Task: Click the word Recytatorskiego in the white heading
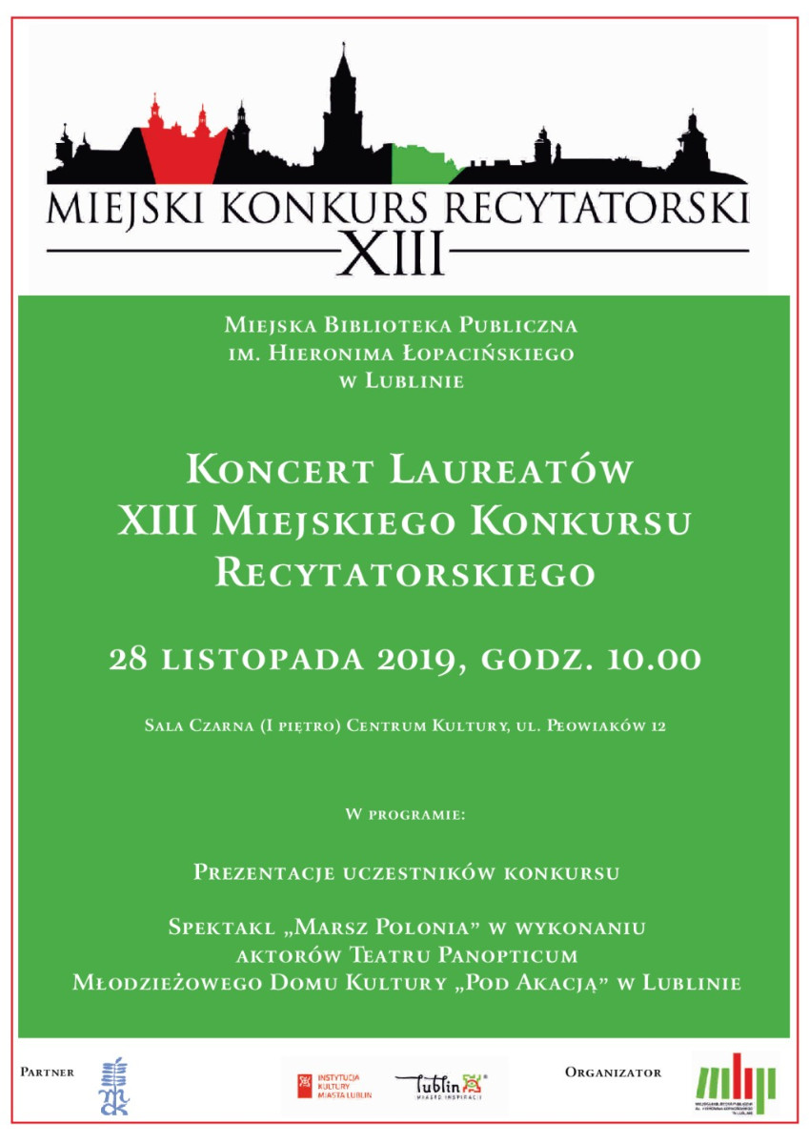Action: [405, 573]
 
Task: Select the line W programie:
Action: [405, 817]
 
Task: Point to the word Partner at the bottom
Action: [48, 1072]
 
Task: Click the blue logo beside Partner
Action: [115, 1086]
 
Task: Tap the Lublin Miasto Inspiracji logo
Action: [440, 1086]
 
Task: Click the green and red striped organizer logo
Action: [735, 1083]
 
